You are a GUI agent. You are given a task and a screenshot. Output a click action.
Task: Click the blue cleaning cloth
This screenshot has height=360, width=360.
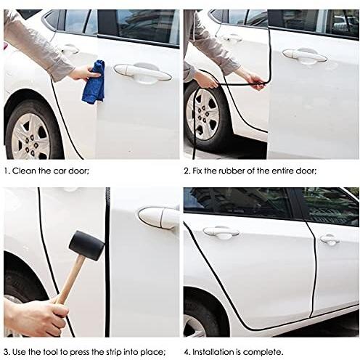94,82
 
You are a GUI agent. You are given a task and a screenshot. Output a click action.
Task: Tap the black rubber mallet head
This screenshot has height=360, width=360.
86,245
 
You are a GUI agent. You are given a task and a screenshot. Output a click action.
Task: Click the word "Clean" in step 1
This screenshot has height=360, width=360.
24,171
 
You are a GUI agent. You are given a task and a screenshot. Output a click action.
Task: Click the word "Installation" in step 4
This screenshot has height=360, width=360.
213,352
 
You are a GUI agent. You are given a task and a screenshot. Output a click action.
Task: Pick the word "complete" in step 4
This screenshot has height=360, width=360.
262,352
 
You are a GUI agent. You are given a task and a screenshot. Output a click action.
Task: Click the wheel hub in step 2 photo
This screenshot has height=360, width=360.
202,114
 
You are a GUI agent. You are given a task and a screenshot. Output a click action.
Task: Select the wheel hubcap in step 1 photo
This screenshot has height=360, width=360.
31,136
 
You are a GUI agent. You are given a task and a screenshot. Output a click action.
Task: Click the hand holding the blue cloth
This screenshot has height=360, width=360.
85,73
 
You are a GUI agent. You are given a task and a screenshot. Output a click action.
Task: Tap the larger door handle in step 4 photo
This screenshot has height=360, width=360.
221,233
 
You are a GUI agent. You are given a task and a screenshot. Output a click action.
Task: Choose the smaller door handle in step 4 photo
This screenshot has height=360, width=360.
330,240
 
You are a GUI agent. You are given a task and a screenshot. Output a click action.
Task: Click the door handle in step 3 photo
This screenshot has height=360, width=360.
159,218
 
